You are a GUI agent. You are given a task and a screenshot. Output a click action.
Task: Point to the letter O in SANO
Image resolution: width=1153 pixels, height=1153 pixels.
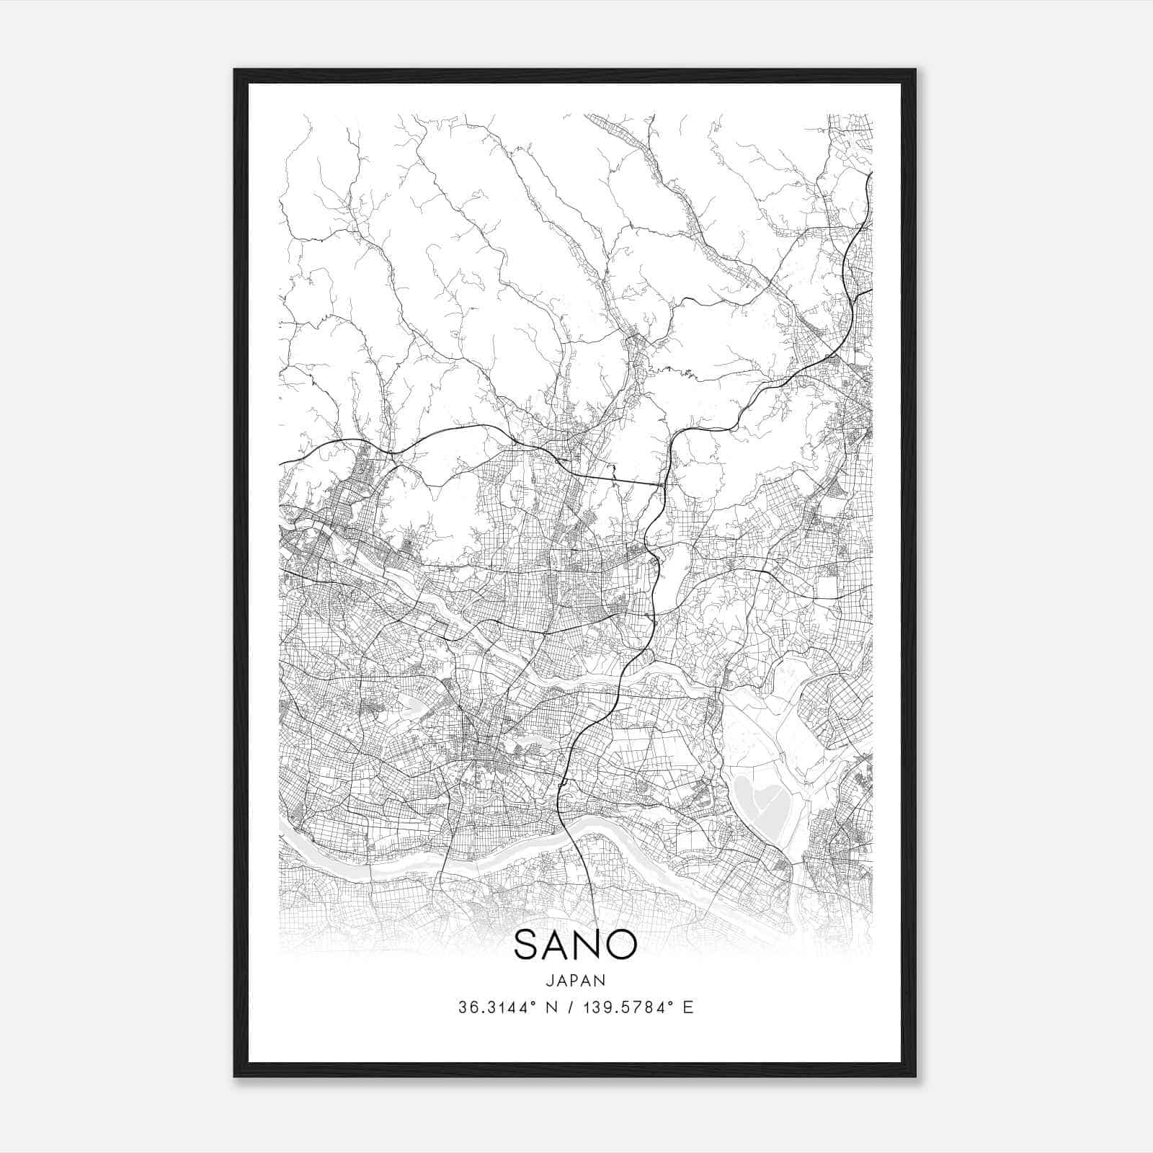[623, 944]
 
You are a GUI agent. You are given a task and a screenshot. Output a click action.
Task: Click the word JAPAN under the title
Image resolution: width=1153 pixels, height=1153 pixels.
[576, 980]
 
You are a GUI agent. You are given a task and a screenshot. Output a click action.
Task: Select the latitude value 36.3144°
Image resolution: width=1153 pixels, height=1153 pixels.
[491, 1007]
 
